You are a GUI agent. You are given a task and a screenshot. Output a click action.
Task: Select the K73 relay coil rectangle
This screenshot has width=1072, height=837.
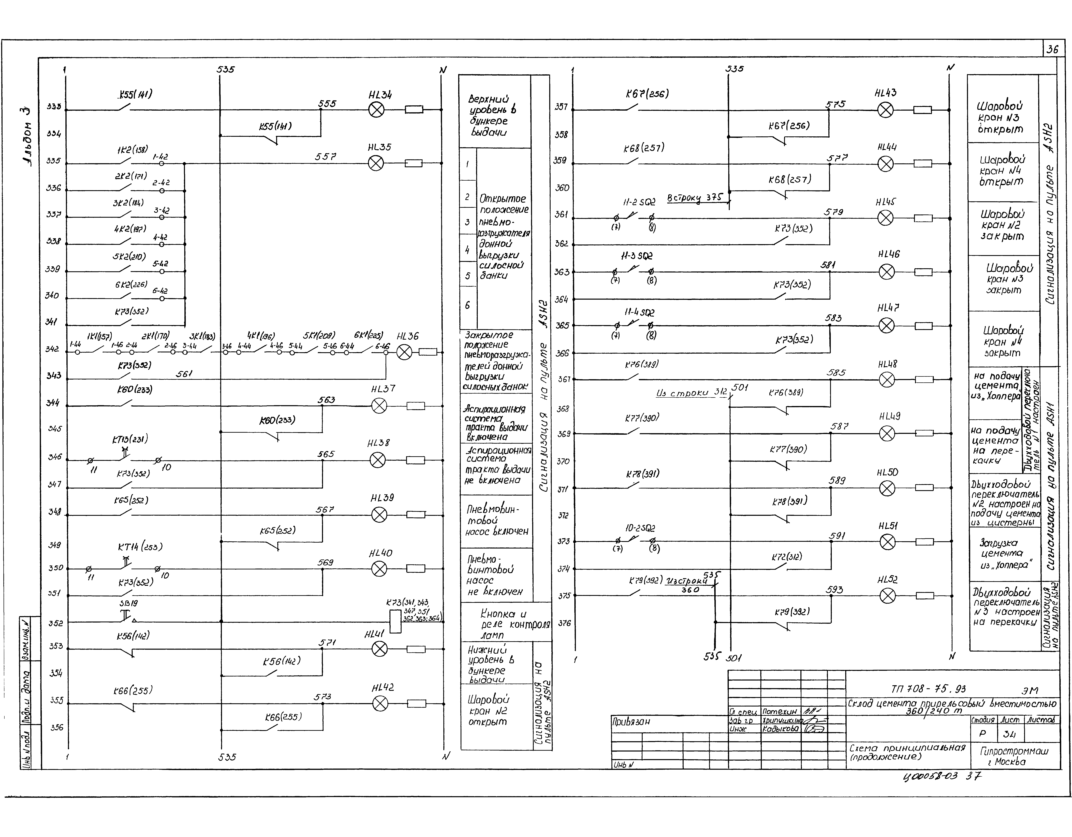pos(395,622)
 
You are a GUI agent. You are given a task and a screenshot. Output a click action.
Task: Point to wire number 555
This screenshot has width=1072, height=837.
pos(327,104)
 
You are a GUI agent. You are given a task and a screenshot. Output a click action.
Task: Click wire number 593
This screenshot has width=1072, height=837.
pos(834,590)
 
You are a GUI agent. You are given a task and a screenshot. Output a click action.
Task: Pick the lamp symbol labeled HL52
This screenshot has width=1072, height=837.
pos(887,596)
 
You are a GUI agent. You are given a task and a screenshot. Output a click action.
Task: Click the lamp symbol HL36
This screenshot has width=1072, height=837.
pos(404,352)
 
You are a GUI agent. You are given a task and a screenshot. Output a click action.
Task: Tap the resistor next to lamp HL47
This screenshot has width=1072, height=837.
pos(923,326)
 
